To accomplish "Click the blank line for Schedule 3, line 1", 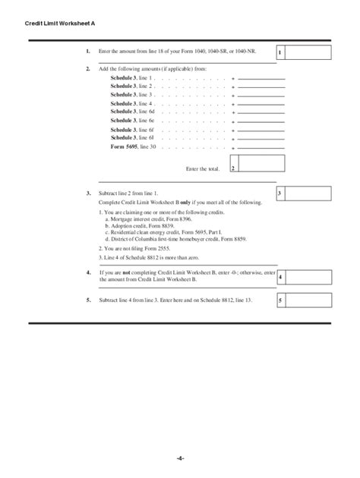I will pyautogui.click(x=261, y=78).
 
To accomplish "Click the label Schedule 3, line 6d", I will pyautogui.click(x=132, y=112).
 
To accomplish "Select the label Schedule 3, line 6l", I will pyautogui.click(x=132, y=137).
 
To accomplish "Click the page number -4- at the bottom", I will pyautogui.click(x=180, y=458).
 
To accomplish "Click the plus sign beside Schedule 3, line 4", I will pyautogui.click(x=233, y=103).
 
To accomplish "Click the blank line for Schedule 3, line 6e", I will pyautogui.click(x=261, y=121).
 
